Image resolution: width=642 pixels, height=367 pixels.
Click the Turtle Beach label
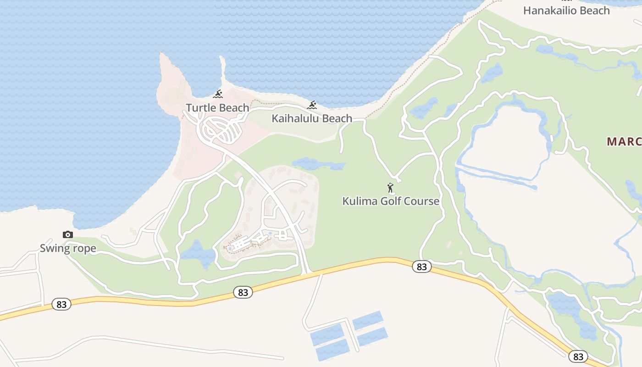(217, 108)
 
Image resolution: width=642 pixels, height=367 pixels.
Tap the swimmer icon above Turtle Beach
(218, 95)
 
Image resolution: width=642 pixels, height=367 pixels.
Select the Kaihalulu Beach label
(312, 118)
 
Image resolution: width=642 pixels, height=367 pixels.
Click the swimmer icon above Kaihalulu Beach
(312, 106)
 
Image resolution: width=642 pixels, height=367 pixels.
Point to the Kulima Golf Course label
(391, 201)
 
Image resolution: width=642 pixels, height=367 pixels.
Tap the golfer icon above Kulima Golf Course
(390, 188)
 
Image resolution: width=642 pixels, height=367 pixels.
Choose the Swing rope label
(68, 249)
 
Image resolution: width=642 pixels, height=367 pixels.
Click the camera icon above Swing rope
(68, 235)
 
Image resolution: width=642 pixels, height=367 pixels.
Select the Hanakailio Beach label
(567, 10)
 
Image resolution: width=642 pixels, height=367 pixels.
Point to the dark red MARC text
(624, 141)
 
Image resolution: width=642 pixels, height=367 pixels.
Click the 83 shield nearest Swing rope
(61, 304)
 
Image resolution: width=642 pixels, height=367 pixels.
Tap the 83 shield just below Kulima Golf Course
(421, 267)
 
